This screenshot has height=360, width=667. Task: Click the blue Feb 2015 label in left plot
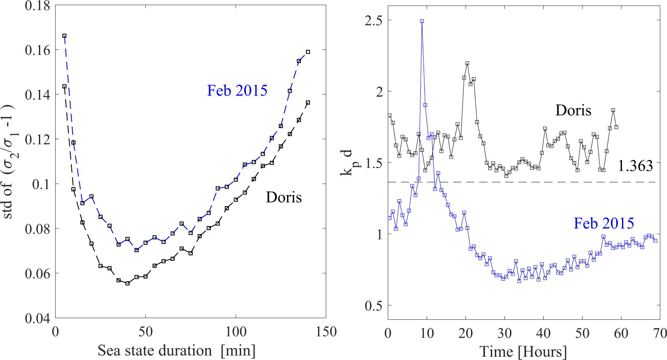[237, 91]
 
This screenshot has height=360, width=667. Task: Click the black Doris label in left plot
[284, 197]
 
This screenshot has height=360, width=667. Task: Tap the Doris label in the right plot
[573, 110]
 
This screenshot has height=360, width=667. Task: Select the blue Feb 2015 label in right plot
[603, 223]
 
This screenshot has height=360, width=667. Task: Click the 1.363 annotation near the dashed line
[635, 166]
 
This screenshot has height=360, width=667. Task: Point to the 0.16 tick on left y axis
[37, 50]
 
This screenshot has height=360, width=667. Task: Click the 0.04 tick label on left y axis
[37, 318]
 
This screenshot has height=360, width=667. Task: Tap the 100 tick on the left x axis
[236, 332]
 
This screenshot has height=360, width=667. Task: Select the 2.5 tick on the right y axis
[373, 20]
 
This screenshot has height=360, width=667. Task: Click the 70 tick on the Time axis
[660, 334]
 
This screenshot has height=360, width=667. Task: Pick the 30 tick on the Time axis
[504, 334]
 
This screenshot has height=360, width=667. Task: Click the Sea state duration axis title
[176, 350]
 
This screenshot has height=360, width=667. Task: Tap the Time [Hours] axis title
[523, 351]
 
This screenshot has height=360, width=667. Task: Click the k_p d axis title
[347, 163]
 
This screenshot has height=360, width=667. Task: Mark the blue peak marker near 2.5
[422, 22]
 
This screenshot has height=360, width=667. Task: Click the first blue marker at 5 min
[65, 36]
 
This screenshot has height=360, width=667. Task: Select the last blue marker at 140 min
[308, 52]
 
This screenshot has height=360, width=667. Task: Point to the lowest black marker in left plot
[127, 283]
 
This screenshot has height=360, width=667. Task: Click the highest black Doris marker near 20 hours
[467, 63]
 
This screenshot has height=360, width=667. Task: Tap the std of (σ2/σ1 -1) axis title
[9, 161]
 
